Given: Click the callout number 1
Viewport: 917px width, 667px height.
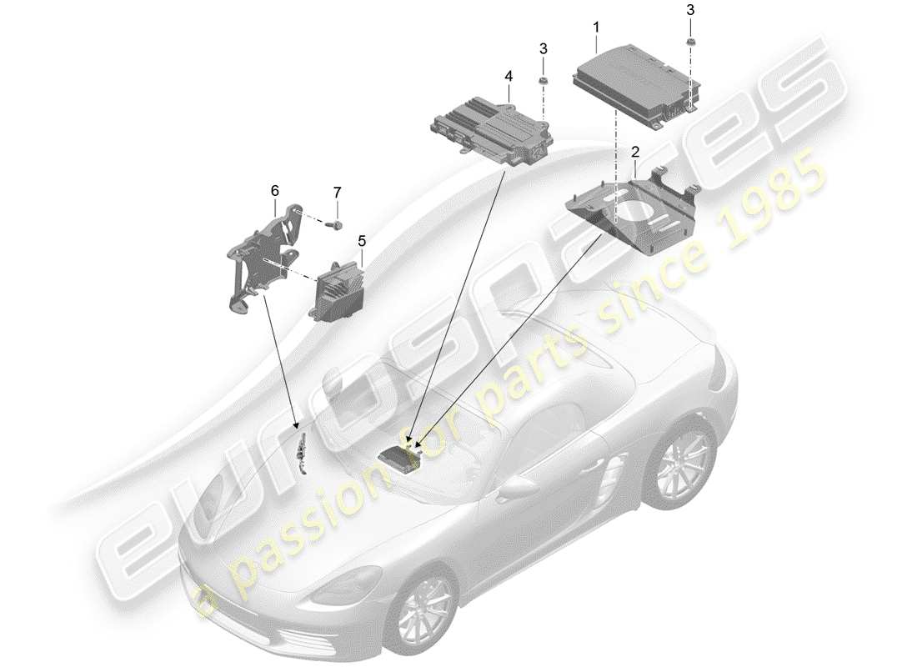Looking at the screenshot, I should tap(596, 28).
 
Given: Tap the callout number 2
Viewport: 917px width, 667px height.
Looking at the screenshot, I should tap(635, 153).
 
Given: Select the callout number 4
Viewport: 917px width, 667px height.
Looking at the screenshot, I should tap(508, 76).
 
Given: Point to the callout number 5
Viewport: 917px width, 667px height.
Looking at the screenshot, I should tap(362, 241).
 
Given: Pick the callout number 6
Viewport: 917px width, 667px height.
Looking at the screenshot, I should tap(274, 191).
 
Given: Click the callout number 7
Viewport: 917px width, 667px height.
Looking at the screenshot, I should tap(338, 193).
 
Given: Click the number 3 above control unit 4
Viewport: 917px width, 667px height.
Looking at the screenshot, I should tap(543, 49).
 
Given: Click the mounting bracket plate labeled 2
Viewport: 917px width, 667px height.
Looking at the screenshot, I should tap(634, 208).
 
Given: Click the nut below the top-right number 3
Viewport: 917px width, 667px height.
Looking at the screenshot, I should tap(690, 43).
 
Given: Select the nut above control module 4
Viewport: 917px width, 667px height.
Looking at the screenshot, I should tap(543, 80).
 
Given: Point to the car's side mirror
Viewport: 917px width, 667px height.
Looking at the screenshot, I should tap(518, 487).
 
